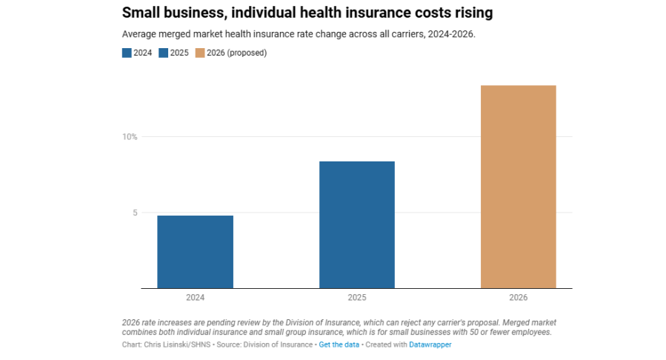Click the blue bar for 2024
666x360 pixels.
pos(195,252)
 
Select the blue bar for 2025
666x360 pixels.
pos(356,224)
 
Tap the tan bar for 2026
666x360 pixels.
pos(518,187)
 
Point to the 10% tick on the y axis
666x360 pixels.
pos(130,137)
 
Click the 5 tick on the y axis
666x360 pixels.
pos(134,213)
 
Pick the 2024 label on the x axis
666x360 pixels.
pos(195,297)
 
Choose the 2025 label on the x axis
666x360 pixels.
pos(356,297)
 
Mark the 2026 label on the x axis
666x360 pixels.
pos(518,297)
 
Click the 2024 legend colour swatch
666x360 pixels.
pos(127,53)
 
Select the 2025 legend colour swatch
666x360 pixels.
pos(163,53)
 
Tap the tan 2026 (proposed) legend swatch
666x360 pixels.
pos(200,53)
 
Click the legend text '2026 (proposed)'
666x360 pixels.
pos(237,53)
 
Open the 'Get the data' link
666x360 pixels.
pos(339,344)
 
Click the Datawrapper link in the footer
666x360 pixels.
pos(430,344)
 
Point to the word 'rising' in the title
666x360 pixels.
pos(471,13)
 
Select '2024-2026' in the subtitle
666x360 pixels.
pos(453,34)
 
